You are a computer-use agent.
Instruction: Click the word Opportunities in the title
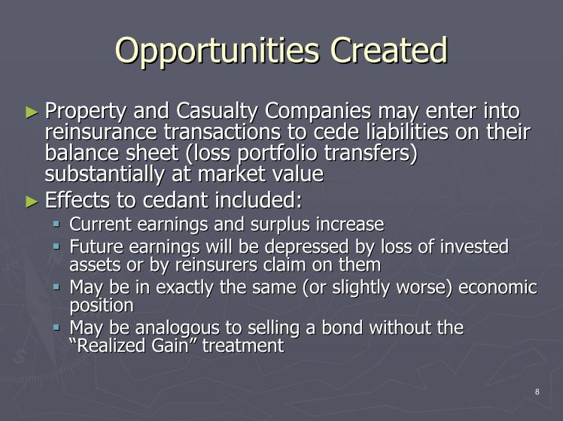(217, 51)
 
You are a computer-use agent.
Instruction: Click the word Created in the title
(389, 50)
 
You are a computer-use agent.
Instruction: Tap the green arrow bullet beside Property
(32, 112)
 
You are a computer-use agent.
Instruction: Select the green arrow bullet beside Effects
(32, 201)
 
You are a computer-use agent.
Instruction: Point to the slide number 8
(537, 392)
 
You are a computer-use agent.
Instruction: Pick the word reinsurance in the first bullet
(101, 132)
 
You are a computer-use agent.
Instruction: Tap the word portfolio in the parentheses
(278, 153)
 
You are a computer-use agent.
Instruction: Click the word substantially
(105, 174)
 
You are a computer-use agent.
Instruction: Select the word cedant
(175, 200)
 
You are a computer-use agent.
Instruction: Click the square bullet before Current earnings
(56, 225)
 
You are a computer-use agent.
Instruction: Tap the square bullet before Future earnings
(56, 247)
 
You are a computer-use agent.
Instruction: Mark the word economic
(498, 287)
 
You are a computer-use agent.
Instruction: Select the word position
(102, 306)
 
